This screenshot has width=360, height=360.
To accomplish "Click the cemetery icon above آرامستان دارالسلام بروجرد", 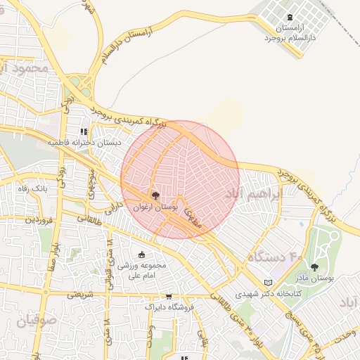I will pyautogui.click(x=290, y=18).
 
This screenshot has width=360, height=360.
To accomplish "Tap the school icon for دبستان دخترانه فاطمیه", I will pyautogui.click(x=84, y=131).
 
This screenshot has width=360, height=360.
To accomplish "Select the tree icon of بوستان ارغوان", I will pyautogui.click(x=155, y=195).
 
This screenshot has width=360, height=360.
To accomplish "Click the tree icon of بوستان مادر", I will pyautogui.click(x=314, y=267).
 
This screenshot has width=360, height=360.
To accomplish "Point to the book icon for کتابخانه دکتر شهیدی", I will pyautogui.click(x=267, y=283).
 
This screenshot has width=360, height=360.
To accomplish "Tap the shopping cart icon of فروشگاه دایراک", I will pyautogui.click(x=168, y=297).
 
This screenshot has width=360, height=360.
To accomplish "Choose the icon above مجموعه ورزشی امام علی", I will pyautogui.click(x=142, y=255).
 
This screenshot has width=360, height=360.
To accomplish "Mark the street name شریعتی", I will pyautogui.click(x=80, y=295).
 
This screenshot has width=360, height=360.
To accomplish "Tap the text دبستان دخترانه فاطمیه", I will pyautogui.click(x=84, y=142).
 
